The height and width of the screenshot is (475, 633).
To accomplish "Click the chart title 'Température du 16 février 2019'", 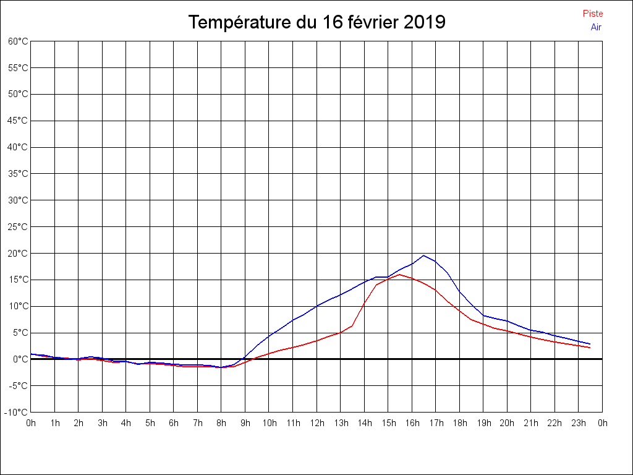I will [x=316, y=22].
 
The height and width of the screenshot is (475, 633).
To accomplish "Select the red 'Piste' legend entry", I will [x=593, y=14].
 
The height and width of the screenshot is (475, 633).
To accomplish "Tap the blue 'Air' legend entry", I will [x=596, y=27].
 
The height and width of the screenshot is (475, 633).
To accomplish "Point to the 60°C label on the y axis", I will [x=18, y=41].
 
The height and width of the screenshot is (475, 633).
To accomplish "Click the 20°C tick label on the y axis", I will [x=18, y=253].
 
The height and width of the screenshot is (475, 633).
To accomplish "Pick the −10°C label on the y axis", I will [x=17, y=412].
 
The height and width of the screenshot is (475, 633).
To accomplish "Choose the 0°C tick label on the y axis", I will [x=20, y=359].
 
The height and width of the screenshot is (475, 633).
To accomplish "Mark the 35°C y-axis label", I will [x=18, y=174].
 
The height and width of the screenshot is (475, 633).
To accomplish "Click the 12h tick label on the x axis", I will [x=316, y=423].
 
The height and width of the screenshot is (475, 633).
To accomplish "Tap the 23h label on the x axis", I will [x=578, y=423].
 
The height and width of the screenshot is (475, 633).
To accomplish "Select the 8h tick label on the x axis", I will [x=221, y=423].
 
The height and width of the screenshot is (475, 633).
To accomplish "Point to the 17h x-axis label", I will [x=436, y=423].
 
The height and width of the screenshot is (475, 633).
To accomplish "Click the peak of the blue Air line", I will [x=423, y=255].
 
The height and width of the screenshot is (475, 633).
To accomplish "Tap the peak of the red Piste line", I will [x=400, y=274].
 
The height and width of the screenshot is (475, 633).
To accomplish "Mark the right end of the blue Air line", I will [x=590, y=344].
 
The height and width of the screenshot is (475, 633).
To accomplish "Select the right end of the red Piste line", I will [x=590, y=348].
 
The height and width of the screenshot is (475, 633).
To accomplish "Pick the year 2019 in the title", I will [x=425, y=22].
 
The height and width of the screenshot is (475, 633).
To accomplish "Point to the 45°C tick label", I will [x=18, y=121].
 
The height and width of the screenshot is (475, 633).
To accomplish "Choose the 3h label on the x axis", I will [x=103, y=423].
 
